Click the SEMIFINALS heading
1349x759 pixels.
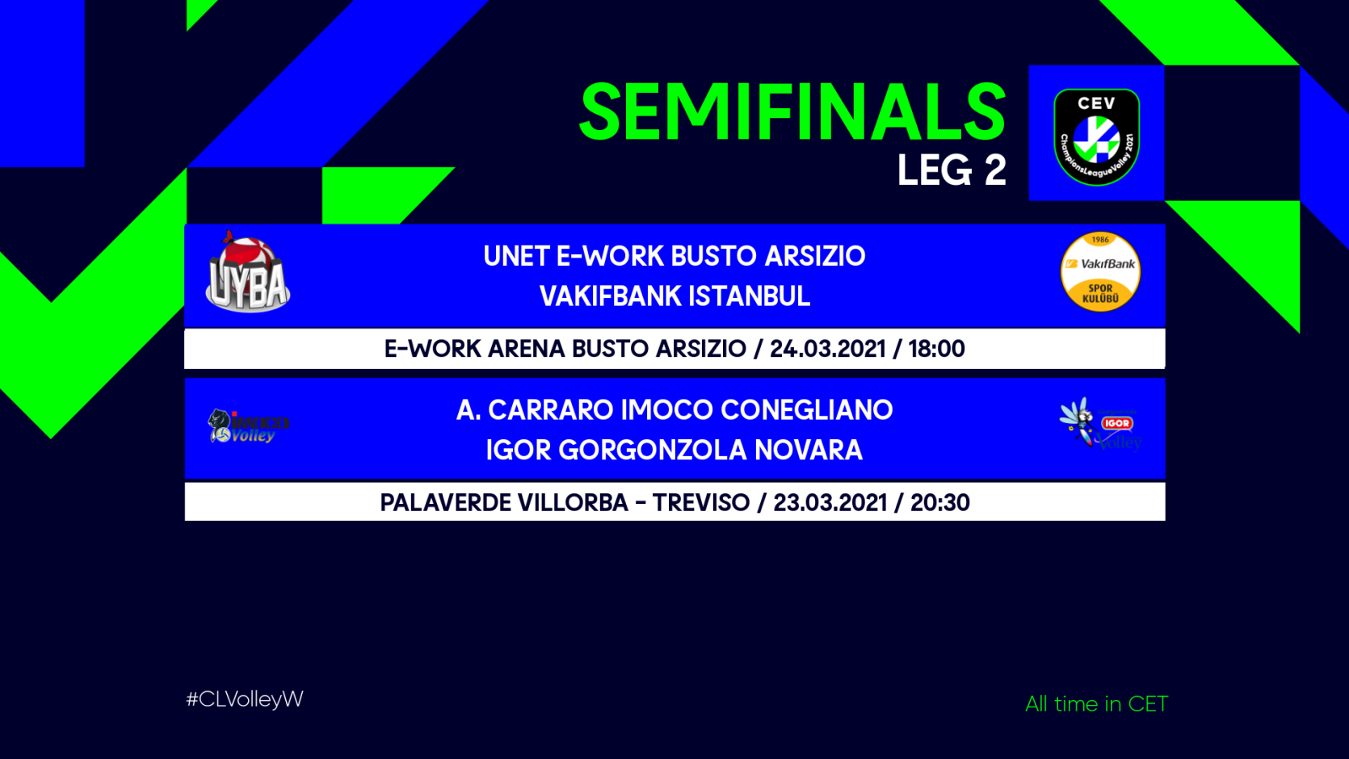[x=792, y=112]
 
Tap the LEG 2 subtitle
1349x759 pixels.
[x=952, y=170]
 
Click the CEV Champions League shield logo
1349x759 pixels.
[x=1097, y=136]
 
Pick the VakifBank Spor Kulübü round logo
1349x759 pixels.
[x=1100, y=271]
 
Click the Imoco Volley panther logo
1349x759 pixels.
[x=248, y=426]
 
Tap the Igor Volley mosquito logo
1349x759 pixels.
[x=1100, y=424]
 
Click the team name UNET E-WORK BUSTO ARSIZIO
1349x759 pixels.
[x=674, y=256]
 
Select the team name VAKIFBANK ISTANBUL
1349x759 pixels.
[x=674, y=296]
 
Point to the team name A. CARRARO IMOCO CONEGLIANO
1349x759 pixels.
[x=674, y=410]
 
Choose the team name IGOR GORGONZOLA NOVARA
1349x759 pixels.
[x=674, y=451]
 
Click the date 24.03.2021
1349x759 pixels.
[x=827, y=349]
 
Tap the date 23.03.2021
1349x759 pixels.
[x=830, y=502]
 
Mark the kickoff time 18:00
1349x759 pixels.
[x=936, y=349]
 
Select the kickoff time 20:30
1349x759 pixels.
[x=940, y=502]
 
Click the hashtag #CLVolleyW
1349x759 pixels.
[x=245, y=699]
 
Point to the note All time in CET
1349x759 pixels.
[x=1097, y=703]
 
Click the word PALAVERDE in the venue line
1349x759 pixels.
[x=444, y=502]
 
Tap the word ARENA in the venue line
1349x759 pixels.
[x=527, y=349]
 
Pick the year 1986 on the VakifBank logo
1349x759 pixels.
[x=1100, y=240]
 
